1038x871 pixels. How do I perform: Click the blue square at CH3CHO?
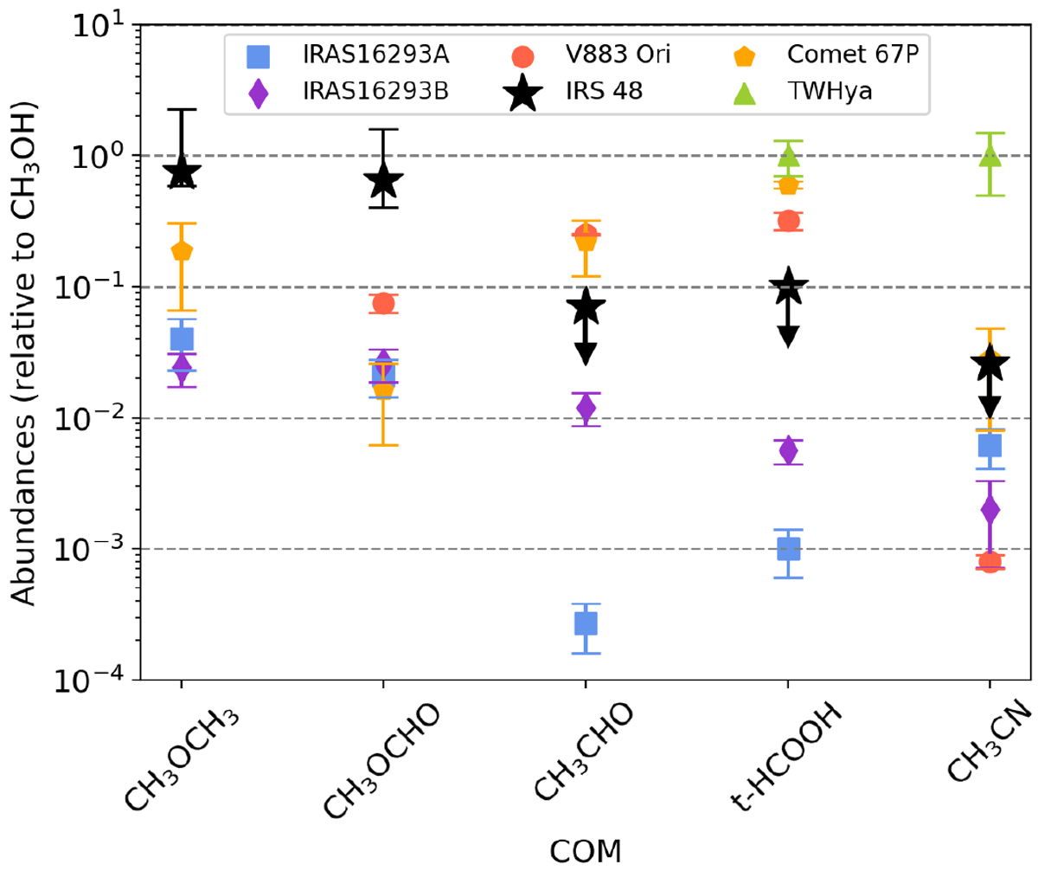[586, 623]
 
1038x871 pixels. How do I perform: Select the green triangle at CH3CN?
[990, 157]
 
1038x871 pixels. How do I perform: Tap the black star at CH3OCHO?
[383, 181]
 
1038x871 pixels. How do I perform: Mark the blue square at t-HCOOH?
[788, 548]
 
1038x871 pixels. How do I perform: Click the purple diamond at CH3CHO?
[586, 407]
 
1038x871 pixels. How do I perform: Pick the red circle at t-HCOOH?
[788, 221]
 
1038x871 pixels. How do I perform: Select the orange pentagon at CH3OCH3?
[182, 251]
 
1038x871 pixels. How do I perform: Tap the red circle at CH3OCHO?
[383, 303]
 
